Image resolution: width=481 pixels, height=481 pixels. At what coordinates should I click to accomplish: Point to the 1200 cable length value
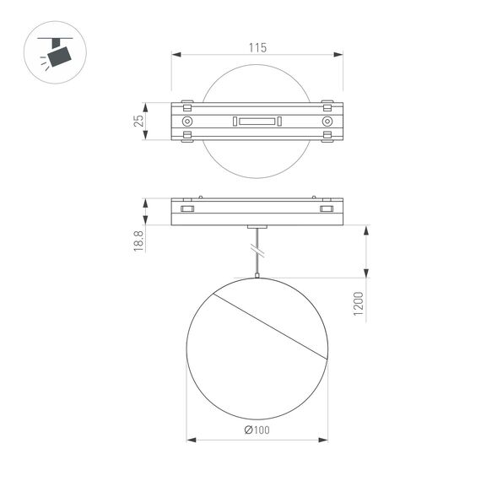(358, 305)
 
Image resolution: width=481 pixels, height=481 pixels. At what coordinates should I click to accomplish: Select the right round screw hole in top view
(327, 122)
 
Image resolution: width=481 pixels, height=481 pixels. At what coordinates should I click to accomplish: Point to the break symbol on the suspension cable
(257, 251)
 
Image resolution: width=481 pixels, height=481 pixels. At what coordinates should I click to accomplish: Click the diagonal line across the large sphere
(270, 327)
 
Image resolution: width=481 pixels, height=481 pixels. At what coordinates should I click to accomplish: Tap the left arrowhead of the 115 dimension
(176, 56)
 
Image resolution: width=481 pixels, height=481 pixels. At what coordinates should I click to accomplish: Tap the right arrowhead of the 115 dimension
(339, 56)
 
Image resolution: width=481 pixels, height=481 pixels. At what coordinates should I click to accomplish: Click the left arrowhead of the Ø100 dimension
(190, 440)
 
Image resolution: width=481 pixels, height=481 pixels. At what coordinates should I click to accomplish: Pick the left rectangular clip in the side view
(187, 208)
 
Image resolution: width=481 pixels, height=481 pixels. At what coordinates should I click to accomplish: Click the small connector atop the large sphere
(257, 276)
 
